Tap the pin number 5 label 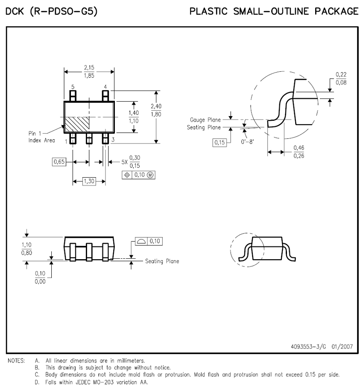(x=73, y=87)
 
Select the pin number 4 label (x=105, y=87)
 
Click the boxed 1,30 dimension (x=89, y=181)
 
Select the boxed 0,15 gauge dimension (x=219, y=142)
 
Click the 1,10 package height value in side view (x=26, y=245)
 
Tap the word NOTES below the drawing (x=16, y=360)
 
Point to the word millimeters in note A (x=129, y=360)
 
